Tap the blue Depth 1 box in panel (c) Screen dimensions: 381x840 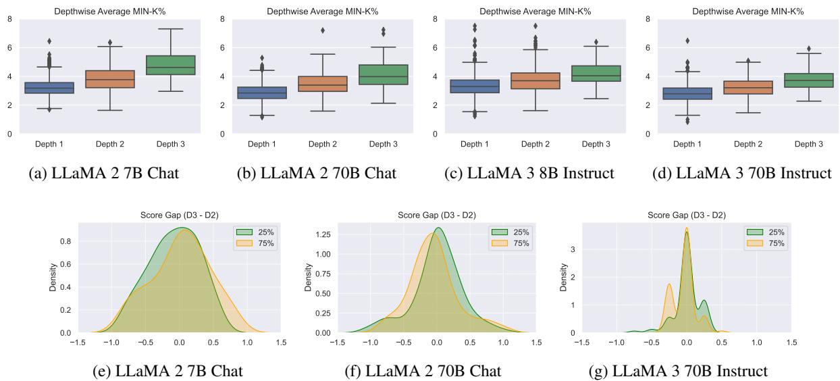tap(477, 86)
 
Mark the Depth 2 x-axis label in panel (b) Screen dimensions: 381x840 tap(322, 145)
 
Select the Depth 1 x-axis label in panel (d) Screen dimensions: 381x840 tap(687, 145)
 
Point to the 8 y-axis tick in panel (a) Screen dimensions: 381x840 tap(8, 18)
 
